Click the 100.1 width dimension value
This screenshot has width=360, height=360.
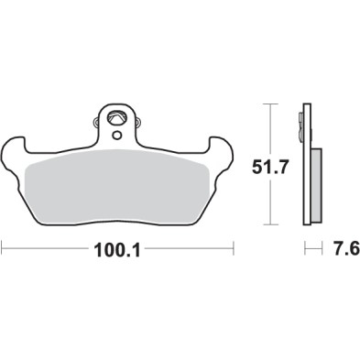coord(120,248)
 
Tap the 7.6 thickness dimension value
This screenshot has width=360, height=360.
coord(342,248)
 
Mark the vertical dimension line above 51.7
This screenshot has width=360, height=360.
coord(268,128)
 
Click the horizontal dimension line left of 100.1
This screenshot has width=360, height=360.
coord(46,247)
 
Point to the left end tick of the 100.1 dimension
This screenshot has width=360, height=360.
coord(3,247)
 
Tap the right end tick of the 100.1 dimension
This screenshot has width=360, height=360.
coord(235,247)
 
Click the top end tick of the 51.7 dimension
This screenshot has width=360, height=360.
coord(268,104)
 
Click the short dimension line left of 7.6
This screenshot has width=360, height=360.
coord(312,247)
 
